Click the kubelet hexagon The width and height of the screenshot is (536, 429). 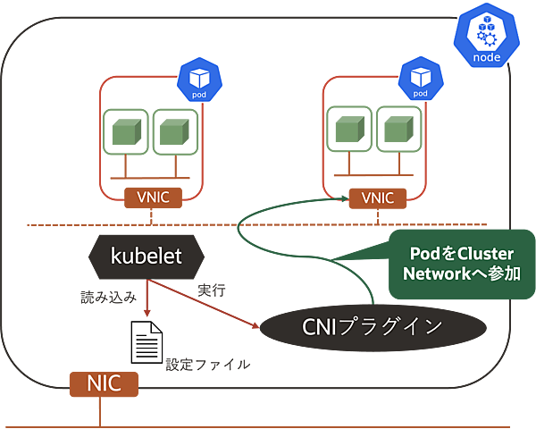click(x=147, y=257)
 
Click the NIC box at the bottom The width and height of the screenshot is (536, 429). click(x=105, y=384)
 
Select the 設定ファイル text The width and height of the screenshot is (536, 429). click(x=208, y=364)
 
